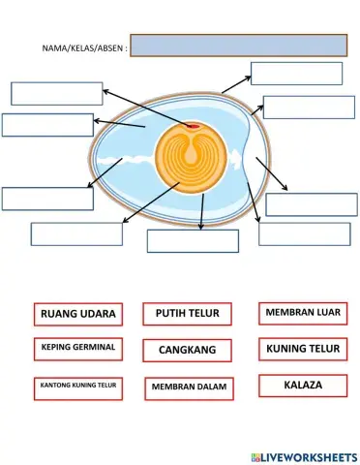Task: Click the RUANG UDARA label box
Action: [78, 314]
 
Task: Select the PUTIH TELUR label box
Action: [188, 314]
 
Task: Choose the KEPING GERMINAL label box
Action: [78, 347]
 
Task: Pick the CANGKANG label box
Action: [188, 349]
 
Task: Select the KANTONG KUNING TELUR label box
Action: [78, 386]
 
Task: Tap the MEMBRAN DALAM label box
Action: [188, 387]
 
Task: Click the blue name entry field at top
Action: [238, 46]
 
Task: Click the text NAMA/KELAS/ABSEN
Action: [84, 47]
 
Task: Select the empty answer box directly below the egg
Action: [193, 241]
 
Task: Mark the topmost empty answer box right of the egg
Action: [296, 74]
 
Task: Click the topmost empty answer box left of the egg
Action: [56, 93]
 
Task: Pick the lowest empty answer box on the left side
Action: [76, 233]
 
